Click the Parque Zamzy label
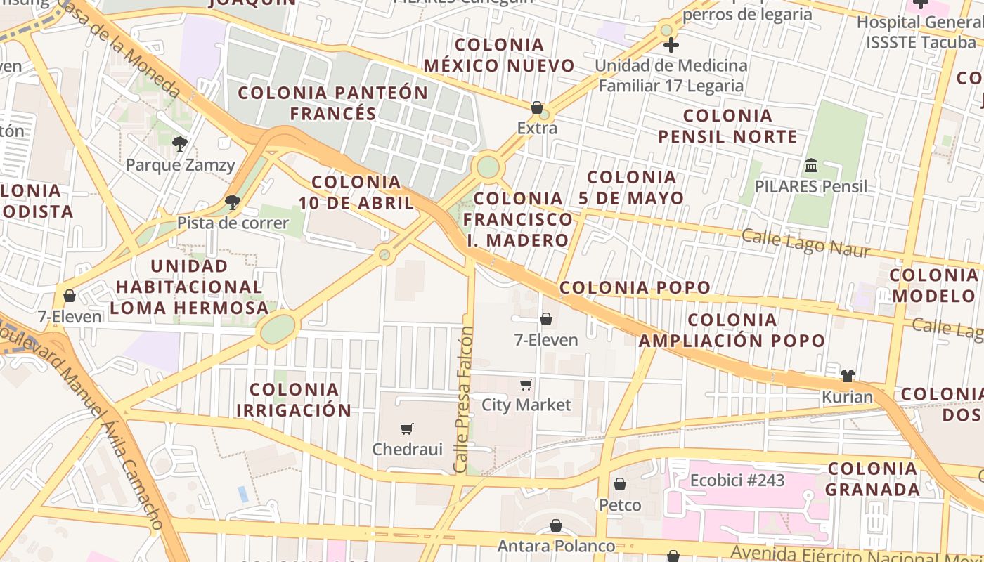pyautogui.click(x=180, y=165)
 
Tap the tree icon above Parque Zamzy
pyautogui.click(x=180, y=144)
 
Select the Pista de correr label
pyautogui.click(x=233, y=223)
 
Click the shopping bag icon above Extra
pyautogui.click(x=537, y=107)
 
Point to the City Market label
pyautogui.click(x=526, y=405)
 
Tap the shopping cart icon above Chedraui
pyautogui.click(x=406, y=429)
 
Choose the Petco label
pyautogui.click(x=620, y=505)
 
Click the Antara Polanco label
pyautogui.click(x=556, y=546)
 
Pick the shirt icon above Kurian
pyautogui.click(x=848, y=376)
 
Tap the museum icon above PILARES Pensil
pyautogui.click(x=811, y=166)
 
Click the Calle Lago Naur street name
pyautogui.click(x=806, y=243)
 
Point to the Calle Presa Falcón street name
pyautogui.click(x=462, y=399)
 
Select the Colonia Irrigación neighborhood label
pyautogui.click(x=294, y=400)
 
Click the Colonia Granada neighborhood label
pyautogui.click(x=872, y=479)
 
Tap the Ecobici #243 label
pyautogui.click(x=737, y=481)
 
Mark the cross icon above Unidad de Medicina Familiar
pyautogui.click(x=671, y=46)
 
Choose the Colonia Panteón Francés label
pyautogui.click(x=333, y=103)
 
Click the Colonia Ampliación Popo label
pyautogui.click(x=732, y=331)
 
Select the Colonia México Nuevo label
pyautogui.click(x=499, y=55)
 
